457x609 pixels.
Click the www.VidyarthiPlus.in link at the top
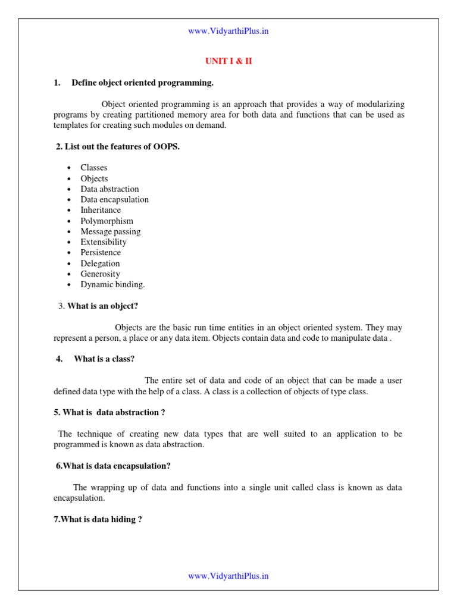228,31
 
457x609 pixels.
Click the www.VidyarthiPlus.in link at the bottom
228,576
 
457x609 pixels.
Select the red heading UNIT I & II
228,62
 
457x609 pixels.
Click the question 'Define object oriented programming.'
142,83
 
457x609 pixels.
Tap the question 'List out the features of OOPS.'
118,147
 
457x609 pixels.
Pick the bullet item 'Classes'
94,168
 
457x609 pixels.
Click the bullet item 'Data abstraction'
109,189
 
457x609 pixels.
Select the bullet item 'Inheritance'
101,210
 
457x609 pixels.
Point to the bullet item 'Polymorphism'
107,221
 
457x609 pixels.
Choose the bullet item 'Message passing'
111,231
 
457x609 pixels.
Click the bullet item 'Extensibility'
104,242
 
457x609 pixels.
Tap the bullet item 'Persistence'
101,253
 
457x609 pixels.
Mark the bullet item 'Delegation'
100,263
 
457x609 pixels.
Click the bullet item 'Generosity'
100,274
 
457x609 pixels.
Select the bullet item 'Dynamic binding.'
112,284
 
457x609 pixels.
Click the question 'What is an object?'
102,306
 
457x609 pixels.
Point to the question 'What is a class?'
104,359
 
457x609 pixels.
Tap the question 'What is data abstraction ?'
109,412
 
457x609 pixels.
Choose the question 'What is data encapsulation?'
114,466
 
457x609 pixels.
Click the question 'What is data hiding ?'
98,519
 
